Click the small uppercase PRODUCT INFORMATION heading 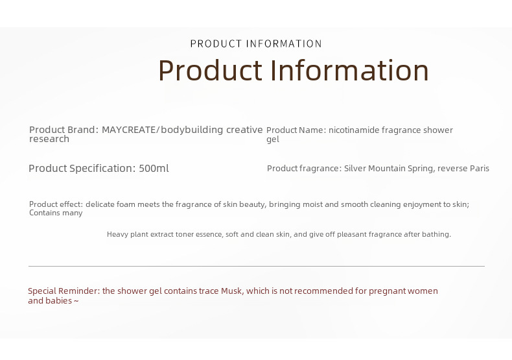pyautogui.click(x=256, y=43)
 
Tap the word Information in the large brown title pyautogui.click(x=349, y=70)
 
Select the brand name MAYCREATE pyautogui.click(x=129, y=130)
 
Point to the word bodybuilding pyautogui.click(x=192, y=130)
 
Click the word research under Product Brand pyautogui.click(x=49, y=139)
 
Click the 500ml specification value pyautogui.click(x=154, y=169)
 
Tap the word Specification pyautogui.click(x=102, y=169)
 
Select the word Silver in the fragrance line pyautogui.click(x=355, y=169)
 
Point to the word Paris pyautogui.click(x=480, y=169)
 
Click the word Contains pyautogui.click(x=42, y=213)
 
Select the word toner pyautogui.click(x=184, y=235)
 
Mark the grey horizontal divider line pyautogui.click(x=257, y=266)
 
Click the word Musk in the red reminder pyautogui.click(x=232, y=291)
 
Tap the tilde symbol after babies pyautogui.click(x=76, y=301)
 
